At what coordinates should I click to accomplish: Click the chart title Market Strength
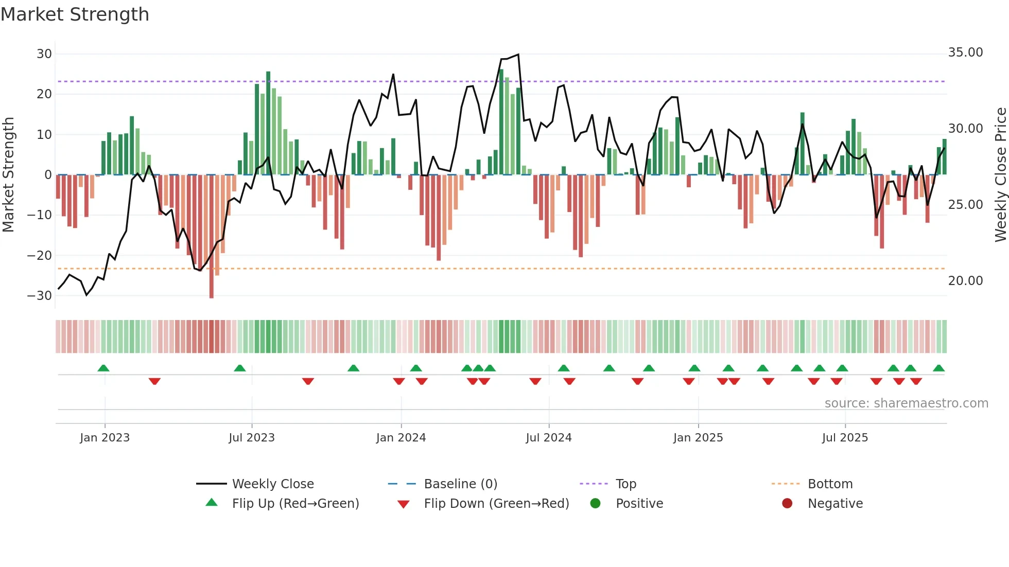click(75, 14)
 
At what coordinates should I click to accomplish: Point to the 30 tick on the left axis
click(44, 54)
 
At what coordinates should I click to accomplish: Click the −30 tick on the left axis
click(40, 296)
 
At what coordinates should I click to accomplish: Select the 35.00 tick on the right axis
click(965, 52)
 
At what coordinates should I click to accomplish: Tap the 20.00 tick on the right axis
click(965, 281)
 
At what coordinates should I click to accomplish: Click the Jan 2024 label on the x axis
click(401, 438)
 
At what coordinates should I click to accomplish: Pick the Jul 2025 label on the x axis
click(845, 438)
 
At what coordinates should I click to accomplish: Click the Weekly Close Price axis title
click(1000, 175)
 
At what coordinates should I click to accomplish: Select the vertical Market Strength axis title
click(8, 175)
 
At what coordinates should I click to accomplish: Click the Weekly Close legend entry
click(272, 484)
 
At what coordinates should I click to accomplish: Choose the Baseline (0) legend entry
click(460, 484)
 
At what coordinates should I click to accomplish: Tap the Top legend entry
click(625, 484)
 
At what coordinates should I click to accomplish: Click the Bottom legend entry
click(830, 484)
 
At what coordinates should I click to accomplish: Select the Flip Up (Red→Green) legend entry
click(295, 504)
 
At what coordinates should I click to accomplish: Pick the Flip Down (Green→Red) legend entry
click(496, 504)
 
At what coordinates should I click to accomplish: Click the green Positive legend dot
click(595, 504)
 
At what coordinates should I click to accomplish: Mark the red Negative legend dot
click(787, 504)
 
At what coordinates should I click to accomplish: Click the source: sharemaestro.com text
click(906, 403)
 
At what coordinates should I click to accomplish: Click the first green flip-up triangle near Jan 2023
click(103, 368)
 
